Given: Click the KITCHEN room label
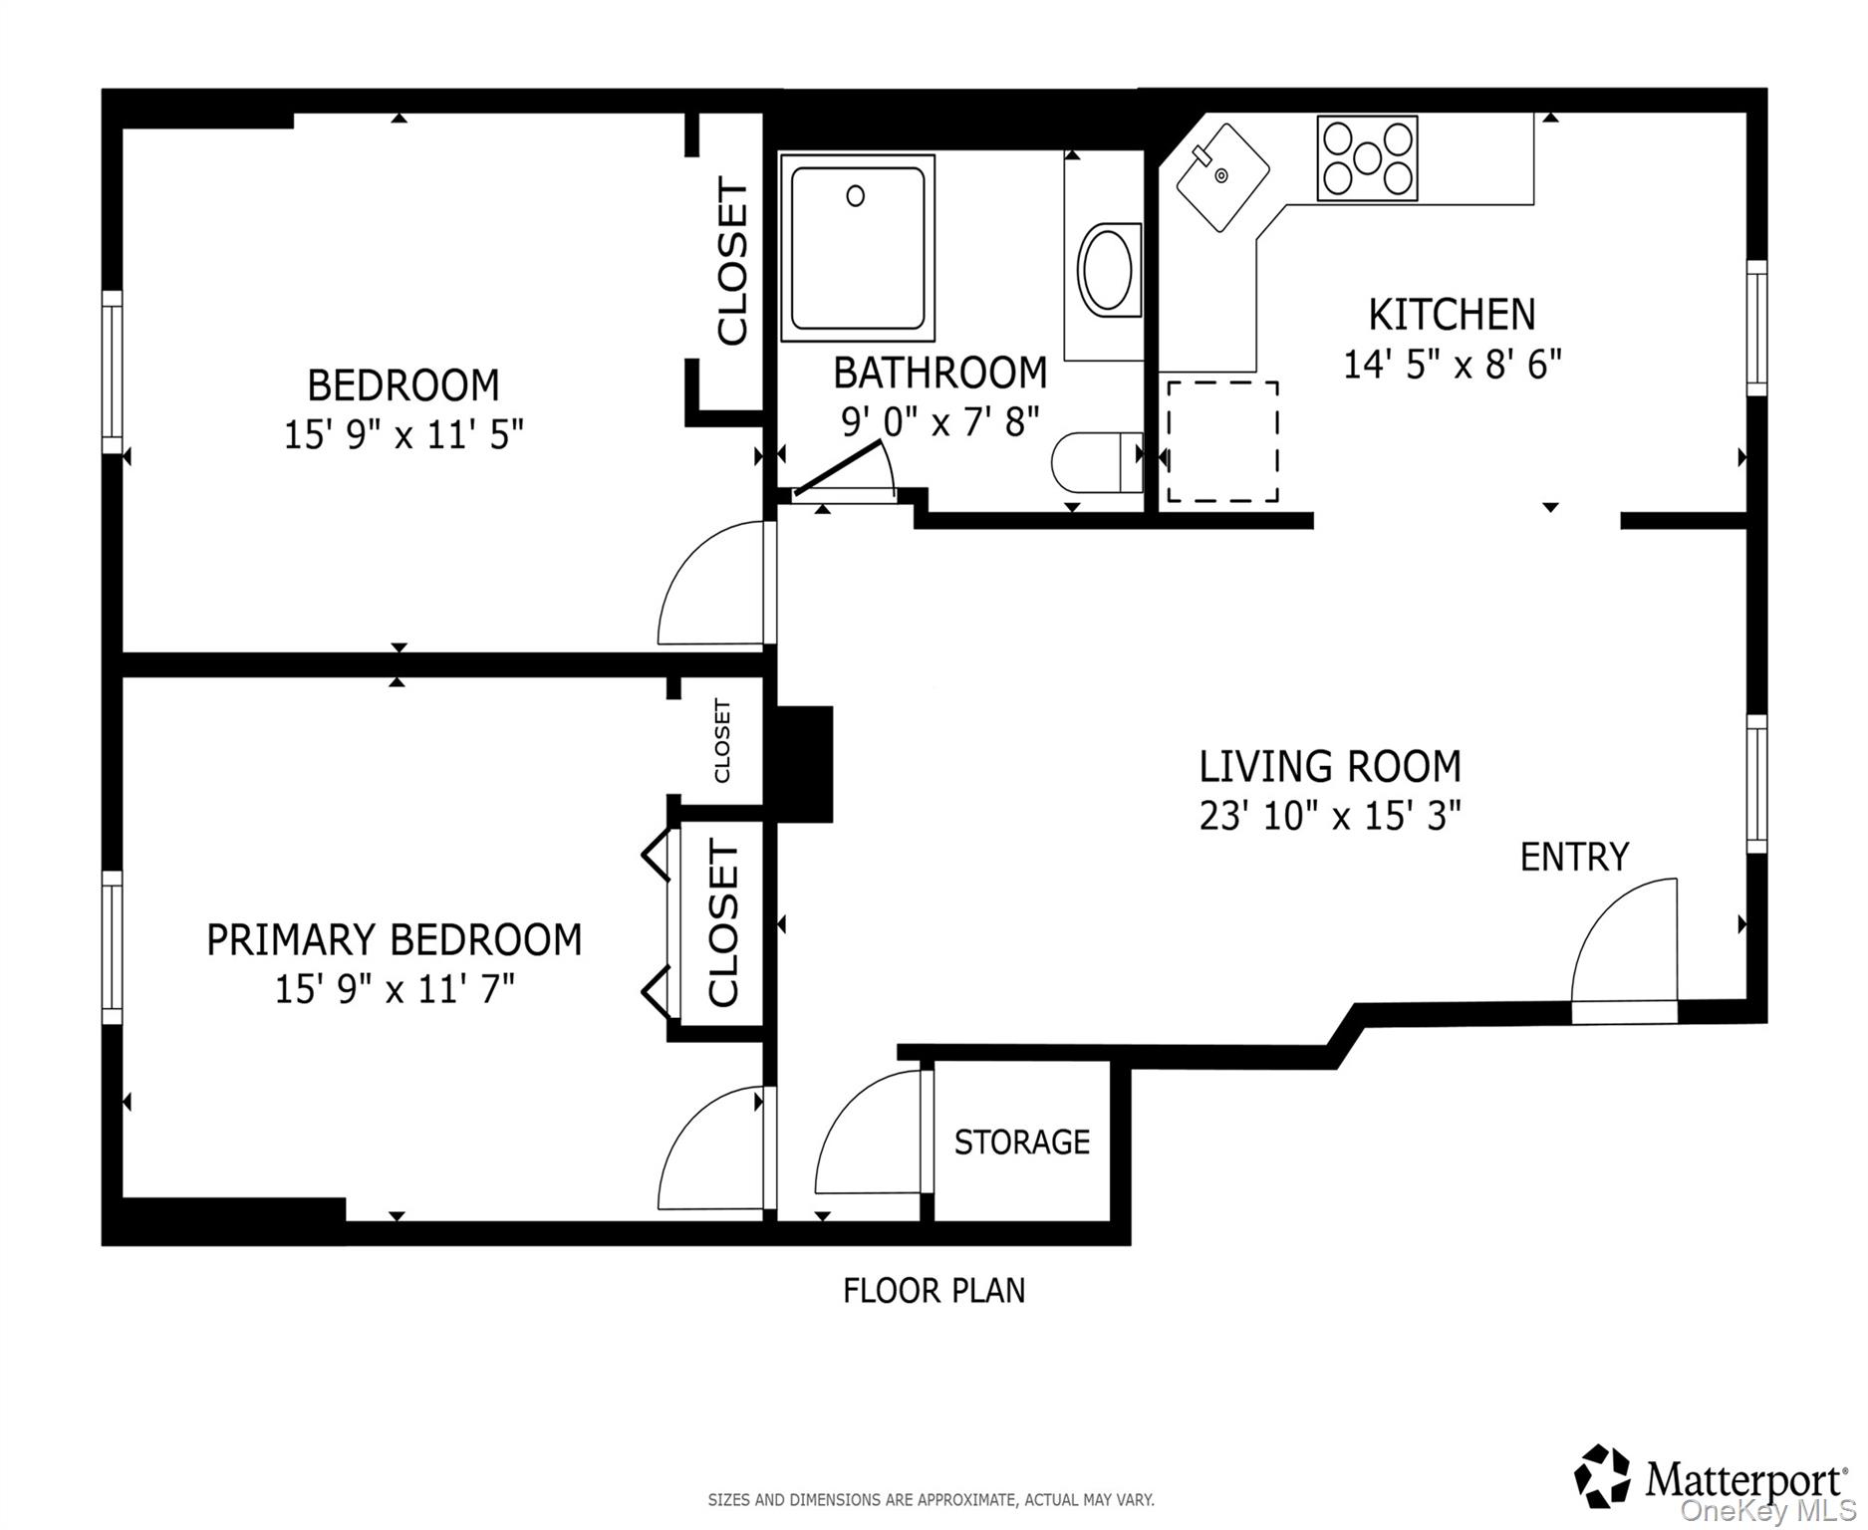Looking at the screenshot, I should (1452, 315).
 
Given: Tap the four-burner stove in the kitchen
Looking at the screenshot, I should (1367, 158).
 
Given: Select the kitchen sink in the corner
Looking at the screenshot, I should (1222, 177).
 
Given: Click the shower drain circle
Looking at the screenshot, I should (855, 196).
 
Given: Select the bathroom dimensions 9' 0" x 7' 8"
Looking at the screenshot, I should (939, 422).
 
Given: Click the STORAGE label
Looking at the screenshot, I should (1021, 1142).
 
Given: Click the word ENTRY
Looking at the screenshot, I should (1573, 857).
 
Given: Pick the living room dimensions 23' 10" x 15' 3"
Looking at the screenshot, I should (1329, 817).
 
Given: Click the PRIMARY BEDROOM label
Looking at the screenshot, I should (394, 940).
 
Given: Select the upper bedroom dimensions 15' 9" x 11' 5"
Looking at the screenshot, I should (403, 435).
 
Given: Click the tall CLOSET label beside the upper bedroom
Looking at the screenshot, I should (732, 261).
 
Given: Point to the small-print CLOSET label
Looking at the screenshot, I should (722, 741).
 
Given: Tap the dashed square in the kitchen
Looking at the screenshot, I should (1222, 441).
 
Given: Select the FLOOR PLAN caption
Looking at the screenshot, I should (934, 1291).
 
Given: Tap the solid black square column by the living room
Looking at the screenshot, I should (804, 764).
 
